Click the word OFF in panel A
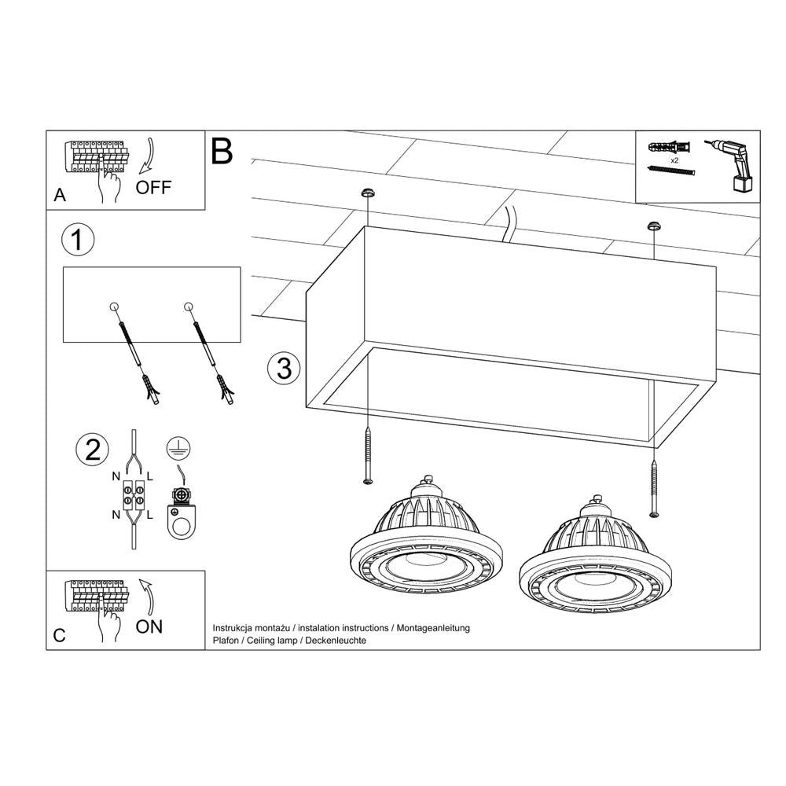152,187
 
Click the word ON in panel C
149,626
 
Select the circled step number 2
91,450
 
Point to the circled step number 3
284,368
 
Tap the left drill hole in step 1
114,306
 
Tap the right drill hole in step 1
187,306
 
